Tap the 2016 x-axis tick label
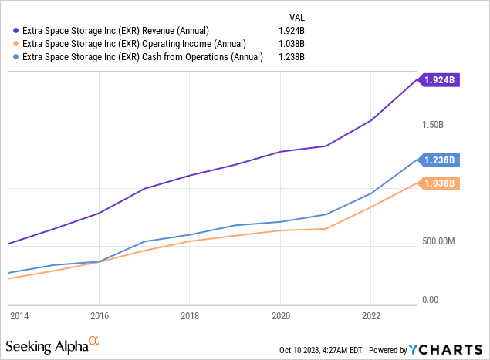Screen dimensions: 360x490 click(99, 315)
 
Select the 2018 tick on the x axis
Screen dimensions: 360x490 click(190, 315)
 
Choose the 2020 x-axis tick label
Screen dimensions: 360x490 click(280, 315)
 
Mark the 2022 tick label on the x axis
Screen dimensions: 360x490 click(371, 315)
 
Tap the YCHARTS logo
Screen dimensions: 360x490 click(447, 349)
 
